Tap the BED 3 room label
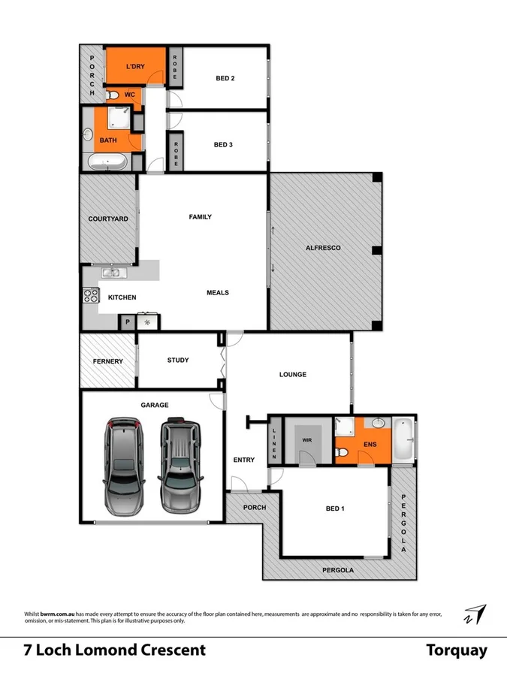[x=224, y=144]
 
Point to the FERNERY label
[x=108, y=361]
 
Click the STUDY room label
[x=178, y=360]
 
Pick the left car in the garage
[x=122, y=465]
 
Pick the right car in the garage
[x=180, y=465]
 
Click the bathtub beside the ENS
[x=403, y=439]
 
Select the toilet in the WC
[x=113, y=95]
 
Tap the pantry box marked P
[x=127, y=322]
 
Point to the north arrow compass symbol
[x=474, y=614]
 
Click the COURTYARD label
[x=108, y=219]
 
